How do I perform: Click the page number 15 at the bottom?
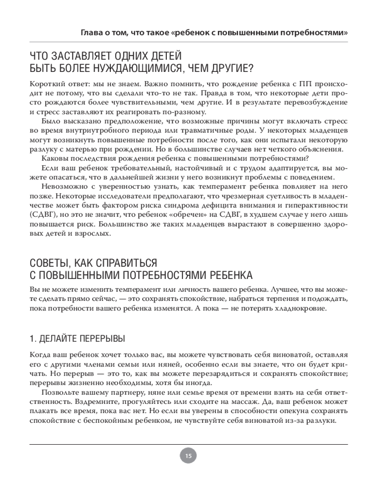point(188,456)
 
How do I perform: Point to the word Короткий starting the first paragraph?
point(47,84)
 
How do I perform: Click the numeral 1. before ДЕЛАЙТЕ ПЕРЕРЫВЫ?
point(32,337)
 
